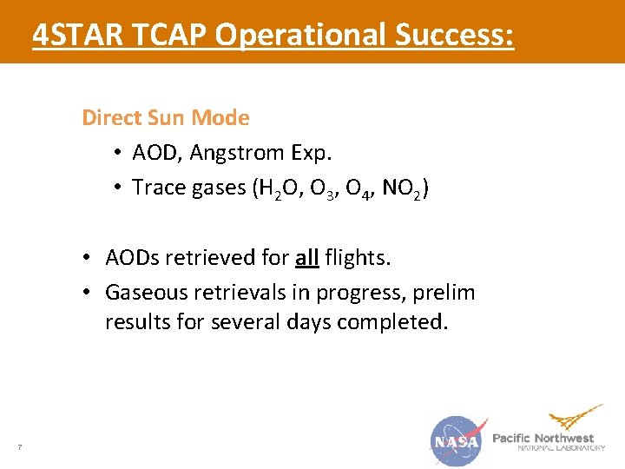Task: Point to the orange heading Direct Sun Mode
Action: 165,117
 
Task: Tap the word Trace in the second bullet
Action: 157,187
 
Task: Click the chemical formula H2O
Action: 267,188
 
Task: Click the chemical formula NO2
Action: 401,188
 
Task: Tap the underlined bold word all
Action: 306,258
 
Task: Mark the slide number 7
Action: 19,447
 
